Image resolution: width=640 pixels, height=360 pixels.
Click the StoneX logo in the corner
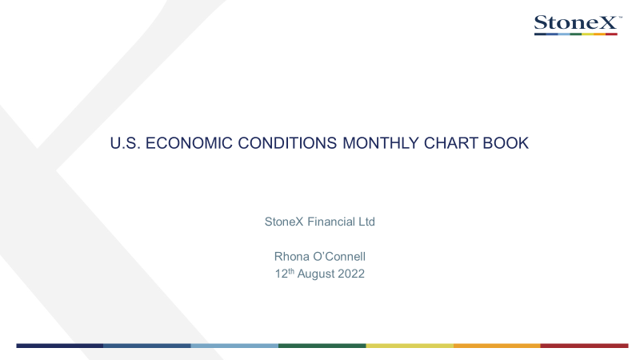coord(578,25)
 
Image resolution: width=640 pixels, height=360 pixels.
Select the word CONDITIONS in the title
coord(287,143)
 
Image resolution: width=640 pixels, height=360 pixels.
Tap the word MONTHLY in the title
coord(381,143)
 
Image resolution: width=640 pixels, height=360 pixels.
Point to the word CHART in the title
coord(451,143)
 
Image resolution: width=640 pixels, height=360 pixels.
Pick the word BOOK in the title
coord(506,143)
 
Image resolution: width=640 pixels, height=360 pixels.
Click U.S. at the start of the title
coord(126,143)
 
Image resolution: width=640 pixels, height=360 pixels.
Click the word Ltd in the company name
coord(366,222)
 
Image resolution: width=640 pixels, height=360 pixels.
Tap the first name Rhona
coord(291,256)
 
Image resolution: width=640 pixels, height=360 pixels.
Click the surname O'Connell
coord(339,256)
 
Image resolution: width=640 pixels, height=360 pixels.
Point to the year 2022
coord(351,274)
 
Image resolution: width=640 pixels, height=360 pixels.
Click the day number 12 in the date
coord(282,274)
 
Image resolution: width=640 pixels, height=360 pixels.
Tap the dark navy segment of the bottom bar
coord(59,346)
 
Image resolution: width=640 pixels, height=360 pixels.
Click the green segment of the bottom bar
coord(322,346)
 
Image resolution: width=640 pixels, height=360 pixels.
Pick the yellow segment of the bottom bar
coord(410,346)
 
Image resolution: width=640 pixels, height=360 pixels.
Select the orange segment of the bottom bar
coord(497,346)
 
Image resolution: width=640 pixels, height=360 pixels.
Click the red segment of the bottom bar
coord(585,346)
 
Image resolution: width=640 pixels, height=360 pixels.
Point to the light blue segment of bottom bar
coord(234,346)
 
